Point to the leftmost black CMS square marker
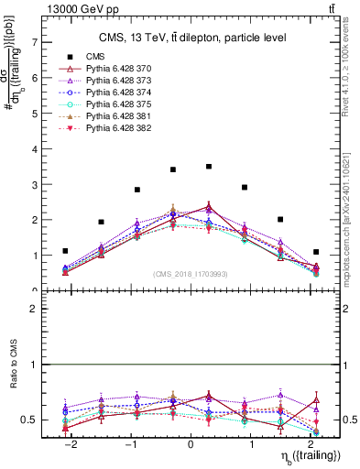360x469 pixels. click(65, 251)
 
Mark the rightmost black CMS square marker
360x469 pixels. click(316, 252)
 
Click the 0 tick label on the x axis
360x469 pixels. click(191, 445)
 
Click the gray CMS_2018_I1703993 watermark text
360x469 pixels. click(191, 274)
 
